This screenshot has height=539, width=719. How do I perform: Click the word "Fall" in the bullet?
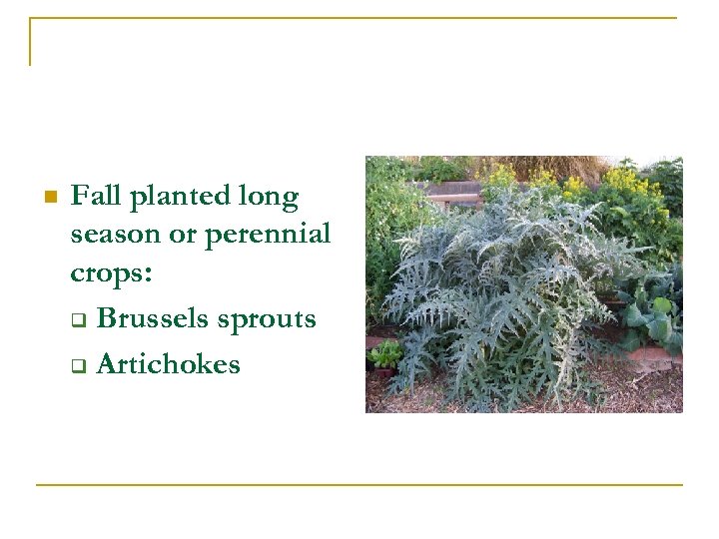pyautogui.click(x=95, y=196)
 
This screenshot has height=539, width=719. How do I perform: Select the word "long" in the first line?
pyautogui.click(x=270, y=198)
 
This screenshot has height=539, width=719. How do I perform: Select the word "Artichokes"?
pyautogui.click(x=169, y=364)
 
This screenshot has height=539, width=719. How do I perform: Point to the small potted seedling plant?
pyautogui.click(x=383, y=356)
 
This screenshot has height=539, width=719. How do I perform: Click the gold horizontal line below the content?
pyautogui.click(x=359, y=485)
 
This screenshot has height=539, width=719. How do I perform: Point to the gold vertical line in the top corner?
pyautogui.click(x=30, y=42)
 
